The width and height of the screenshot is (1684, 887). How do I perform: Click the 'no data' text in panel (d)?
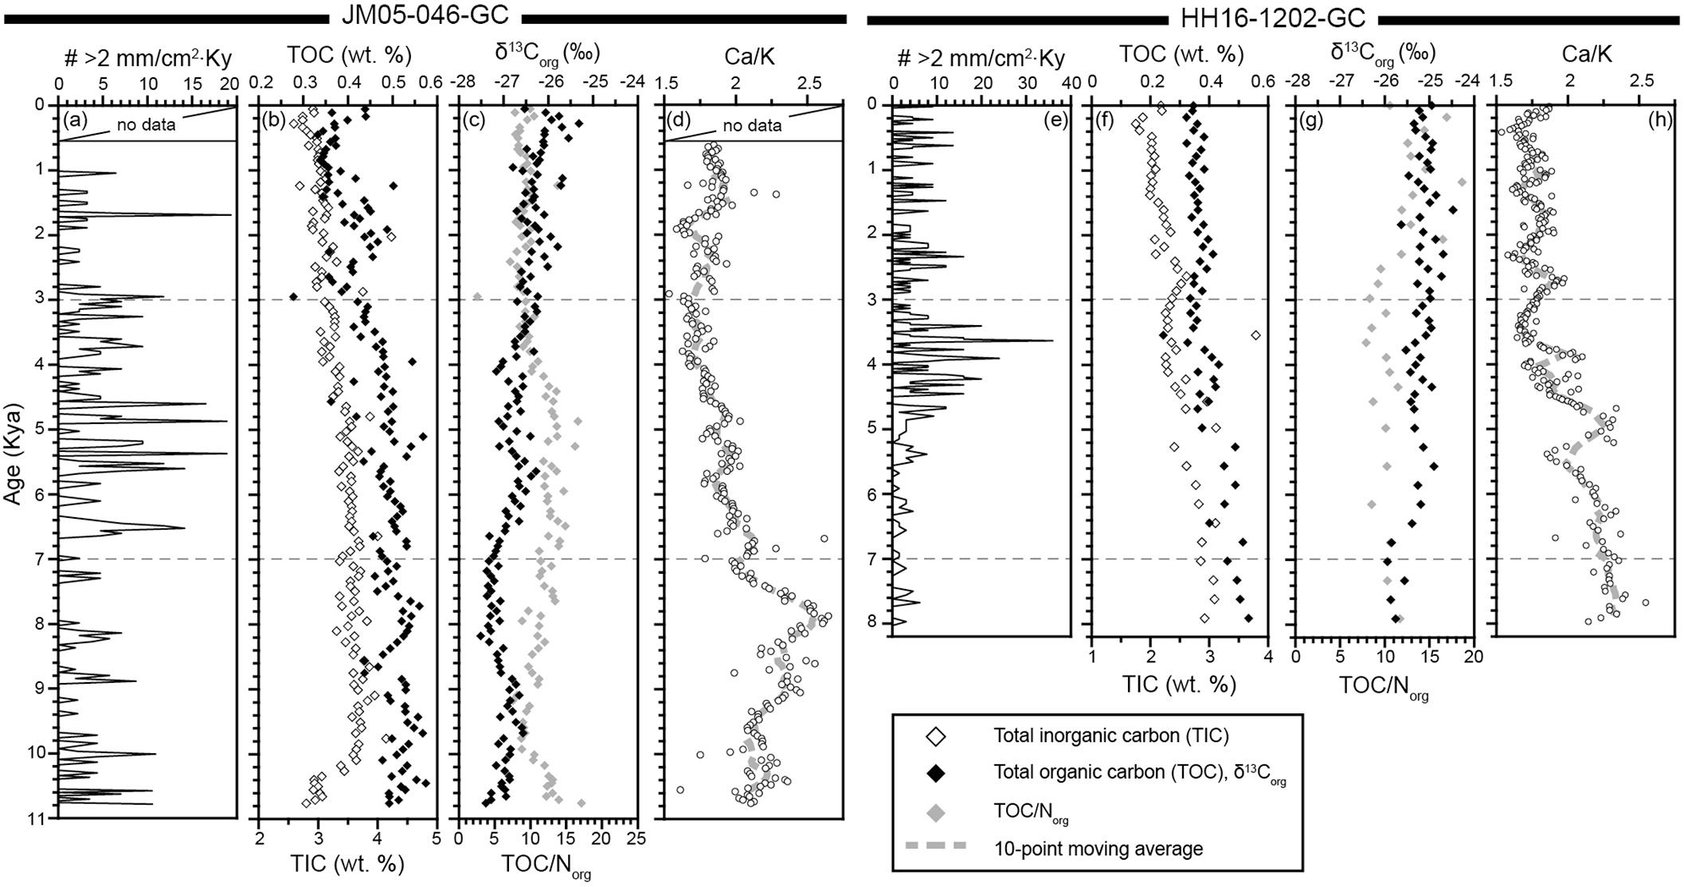click(x=752, y=125)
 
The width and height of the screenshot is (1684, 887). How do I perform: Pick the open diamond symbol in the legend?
click(x=938, y=736)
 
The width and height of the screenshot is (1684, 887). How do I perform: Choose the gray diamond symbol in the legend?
click(x=938, y=812)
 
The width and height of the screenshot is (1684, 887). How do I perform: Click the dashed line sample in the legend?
click(x=938, y=847)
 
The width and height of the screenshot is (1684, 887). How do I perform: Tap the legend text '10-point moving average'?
click(x=1098, y=848)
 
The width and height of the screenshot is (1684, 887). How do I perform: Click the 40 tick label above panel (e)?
click(x=1071, y=82)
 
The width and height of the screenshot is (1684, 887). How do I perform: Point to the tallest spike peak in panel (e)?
click(x=1052, y=341)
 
